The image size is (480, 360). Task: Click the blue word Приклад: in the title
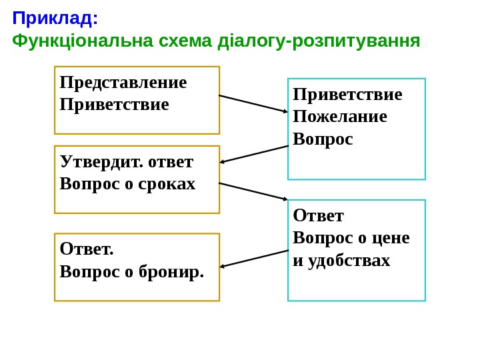(x=55, y=18)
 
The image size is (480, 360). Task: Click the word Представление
(x=123, y=82)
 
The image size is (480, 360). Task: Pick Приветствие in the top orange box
(x=114, y=105)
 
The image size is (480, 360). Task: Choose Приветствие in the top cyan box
(x=347, y=94)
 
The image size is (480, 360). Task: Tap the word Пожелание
(x=340, y=117)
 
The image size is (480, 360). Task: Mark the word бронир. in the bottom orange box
(x=171, y=271)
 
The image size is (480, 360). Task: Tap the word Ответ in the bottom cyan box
(x=319, y=215)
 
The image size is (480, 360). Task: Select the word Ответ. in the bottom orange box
(x=87, y=249)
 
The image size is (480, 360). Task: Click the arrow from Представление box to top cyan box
(x=253, y=103)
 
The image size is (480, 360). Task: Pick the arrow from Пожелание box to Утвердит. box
(x=254, y=154)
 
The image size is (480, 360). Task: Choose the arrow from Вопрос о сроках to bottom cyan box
(x=253, y=191)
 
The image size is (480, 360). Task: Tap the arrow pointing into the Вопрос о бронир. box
(x=254, y=259)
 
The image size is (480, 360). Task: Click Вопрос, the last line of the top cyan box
(x=323, y=139)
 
